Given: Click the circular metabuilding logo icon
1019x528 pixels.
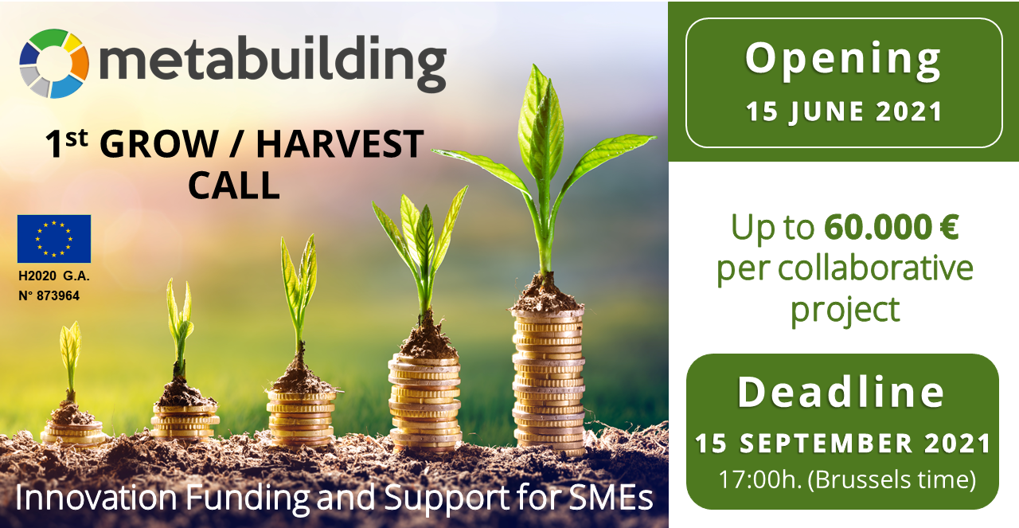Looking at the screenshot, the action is coord(54,63).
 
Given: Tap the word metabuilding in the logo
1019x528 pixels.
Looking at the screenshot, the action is coord(273,63).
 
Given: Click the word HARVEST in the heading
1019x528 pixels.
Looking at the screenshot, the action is coord(340,144).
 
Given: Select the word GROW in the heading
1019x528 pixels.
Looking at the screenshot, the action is coord(158,144).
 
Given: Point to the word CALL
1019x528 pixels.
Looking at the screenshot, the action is coord(234,186).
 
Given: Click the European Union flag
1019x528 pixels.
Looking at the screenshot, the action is coord(54,239).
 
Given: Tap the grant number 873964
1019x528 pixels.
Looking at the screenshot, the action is coord(58,296).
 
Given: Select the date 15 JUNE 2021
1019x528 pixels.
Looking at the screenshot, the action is coord(844,112).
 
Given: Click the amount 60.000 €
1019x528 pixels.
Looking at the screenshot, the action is coord(892,227).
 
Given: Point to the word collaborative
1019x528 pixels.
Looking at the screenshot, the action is coord(875,268).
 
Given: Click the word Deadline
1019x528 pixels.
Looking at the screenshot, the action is coord(841,393).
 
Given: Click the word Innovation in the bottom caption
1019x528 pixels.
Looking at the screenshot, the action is coord(96,499).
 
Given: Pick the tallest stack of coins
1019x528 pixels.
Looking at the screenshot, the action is coord(549,382).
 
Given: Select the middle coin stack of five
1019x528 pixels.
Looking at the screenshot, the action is coord(301,418).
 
